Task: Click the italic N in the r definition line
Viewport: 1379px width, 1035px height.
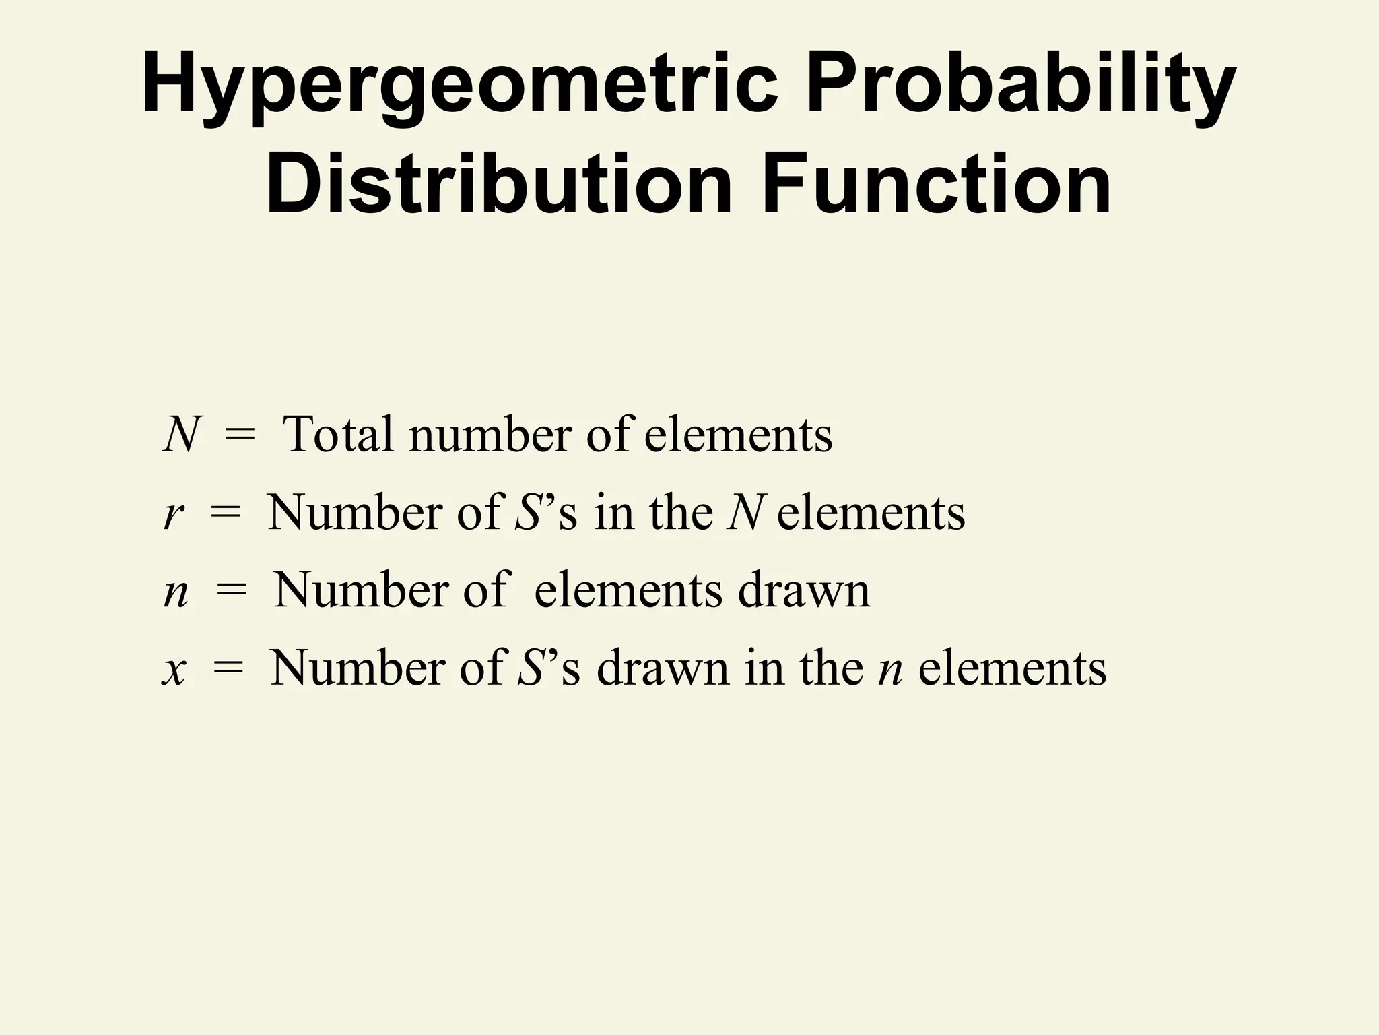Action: click(x=744, y=513)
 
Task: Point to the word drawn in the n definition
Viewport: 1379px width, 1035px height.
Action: click(x=804, y=591)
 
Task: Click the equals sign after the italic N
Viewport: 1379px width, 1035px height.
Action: click(x=240, y=435)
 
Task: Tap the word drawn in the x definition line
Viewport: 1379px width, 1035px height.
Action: click(x=663, y=669)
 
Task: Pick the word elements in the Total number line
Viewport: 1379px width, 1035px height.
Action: click(x=739, y=435)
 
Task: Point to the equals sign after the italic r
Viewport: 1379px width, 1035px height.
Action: click(x=225, y=514)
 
